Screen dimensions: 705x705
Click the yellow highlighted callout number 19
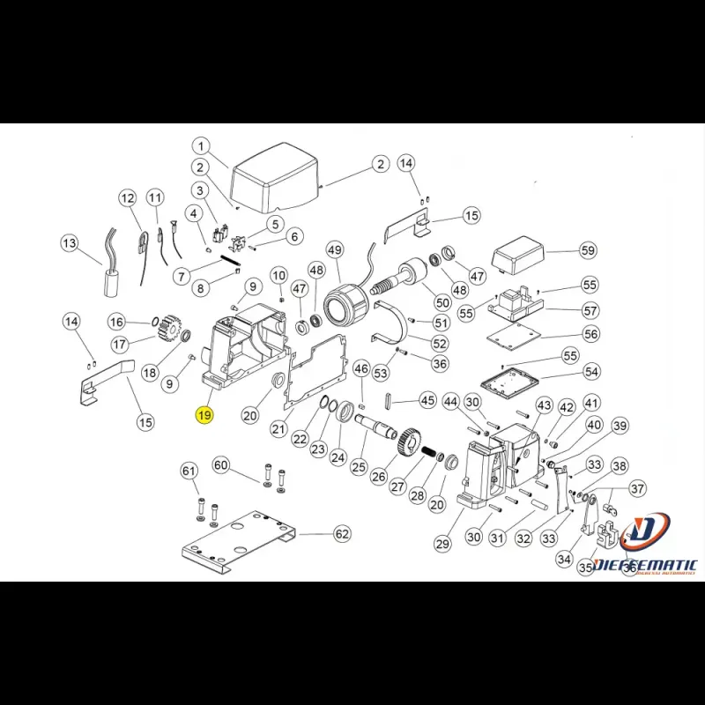click(x=204, y=414)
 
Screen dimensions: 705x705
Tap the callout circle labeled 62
click(x=341, y=533)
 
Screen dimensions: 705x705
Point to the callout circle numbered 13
click(x=70, y=242)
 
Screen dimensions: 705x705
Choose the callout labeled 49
click(x=334, y=251)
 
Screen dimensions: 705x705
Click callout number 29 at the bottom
click(x=442, y=545)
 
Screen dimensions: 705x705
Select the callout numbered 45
click(x=427, y=400)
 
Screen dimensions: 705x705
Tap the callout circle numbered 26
click(x=379, y=477)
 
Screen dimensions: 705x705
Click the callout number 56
click(x=590, y=334)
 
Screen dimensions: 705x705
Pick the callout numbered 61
click(x=189, y=471)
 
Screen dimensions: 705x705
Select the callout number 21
click(x=279, y=429)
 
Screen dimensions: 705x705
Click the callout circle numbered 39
click(x=620, y=427)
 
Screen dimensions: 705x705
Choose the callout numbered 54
click(x=590, y=373)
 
